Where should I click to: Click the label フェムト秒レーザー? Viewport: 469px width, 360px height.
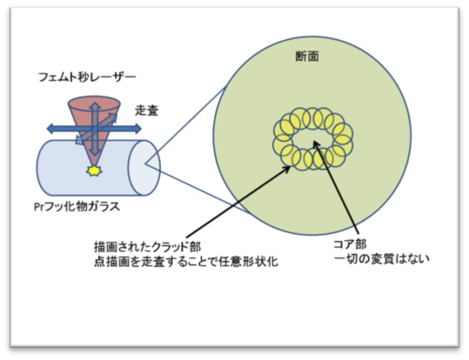click(x=87, y=77)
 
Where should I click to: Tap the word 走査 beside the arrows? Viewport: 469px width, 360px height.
click(x=146, y=110)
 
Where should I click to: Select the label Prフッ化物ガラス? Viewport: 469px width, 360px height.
click(x=77, y=207)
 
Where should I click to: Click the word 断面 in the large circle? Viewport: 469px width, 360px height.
click(x=307, y=57)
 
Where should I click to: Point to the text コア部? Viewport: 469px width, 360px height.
click(x=350, y=244)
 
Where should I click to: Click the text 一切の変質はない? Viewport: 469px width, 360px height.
click(x=382, y=259)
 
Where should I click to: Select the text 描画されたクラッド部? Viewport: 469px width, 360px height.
click(x=147, y=247)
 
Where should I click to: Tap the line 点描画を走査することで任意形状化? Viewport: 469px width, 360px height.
click(x=186, y=262)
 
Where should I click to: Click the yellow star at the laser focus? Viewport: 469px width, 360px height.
click(x=94, y=170)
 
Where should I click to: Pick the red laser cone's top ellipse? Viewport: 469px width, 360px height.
click(x=94, y=103)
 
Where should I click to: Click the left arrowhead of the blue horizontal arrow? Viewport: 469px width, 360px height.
click(x=50, y=130)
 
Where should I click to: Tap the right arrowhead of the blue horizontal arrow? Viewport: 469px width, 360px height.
click(x=137, y=130)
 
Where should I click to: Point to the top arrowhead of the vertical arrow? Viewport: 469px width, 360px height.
click(x=95, y=106)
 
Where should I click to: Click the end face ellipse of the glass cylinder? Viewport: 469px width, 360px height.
click(x=144, y=168)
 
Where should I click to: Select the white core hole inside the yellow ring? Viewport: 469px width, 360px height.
click(x=313, y=140)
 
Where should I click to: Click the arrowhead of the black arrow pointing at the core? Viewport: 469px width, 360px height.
click(x=316, y=143)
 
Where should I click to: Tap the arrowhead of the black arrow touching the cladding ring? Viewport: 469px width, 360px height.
click(x=286, y=169)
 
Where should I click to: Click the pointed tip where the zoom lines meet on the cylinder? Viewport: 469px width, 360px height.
click(x=145, y=163)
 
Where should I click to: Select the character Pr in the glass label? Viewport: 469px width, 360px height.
click(x=39, y=207)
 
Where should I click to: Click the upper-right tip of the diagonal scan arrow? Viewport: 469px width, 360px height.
click(x=115, y=115)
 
